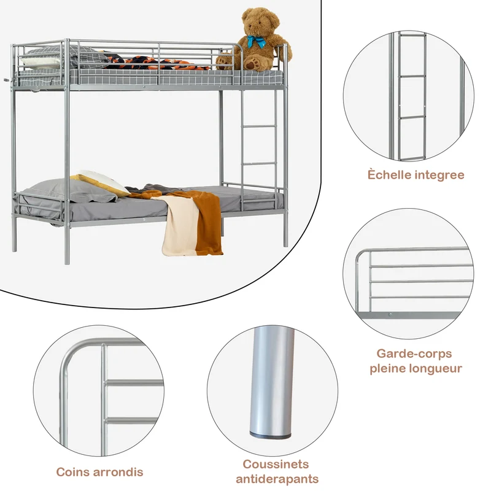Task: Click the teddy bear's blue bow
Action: tap(256, 41)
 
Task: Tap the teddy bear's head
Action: tap(260, 21)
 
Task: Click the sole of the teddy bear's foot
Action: tap(253, 64)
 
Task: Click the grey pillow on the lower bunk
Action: tap(72, 190)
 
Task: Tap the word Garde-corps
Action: tap(414, 354)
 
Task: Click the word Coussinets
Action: tap(276, 464)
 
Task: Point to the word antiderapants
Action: tap(277, 479)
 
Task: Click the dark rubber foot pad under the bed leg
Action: tap(270, 435)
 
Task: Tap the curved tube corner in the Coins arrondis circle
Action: tap(68, 354)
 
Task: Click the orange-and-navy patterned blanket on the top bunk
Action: tap(153, 63)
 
